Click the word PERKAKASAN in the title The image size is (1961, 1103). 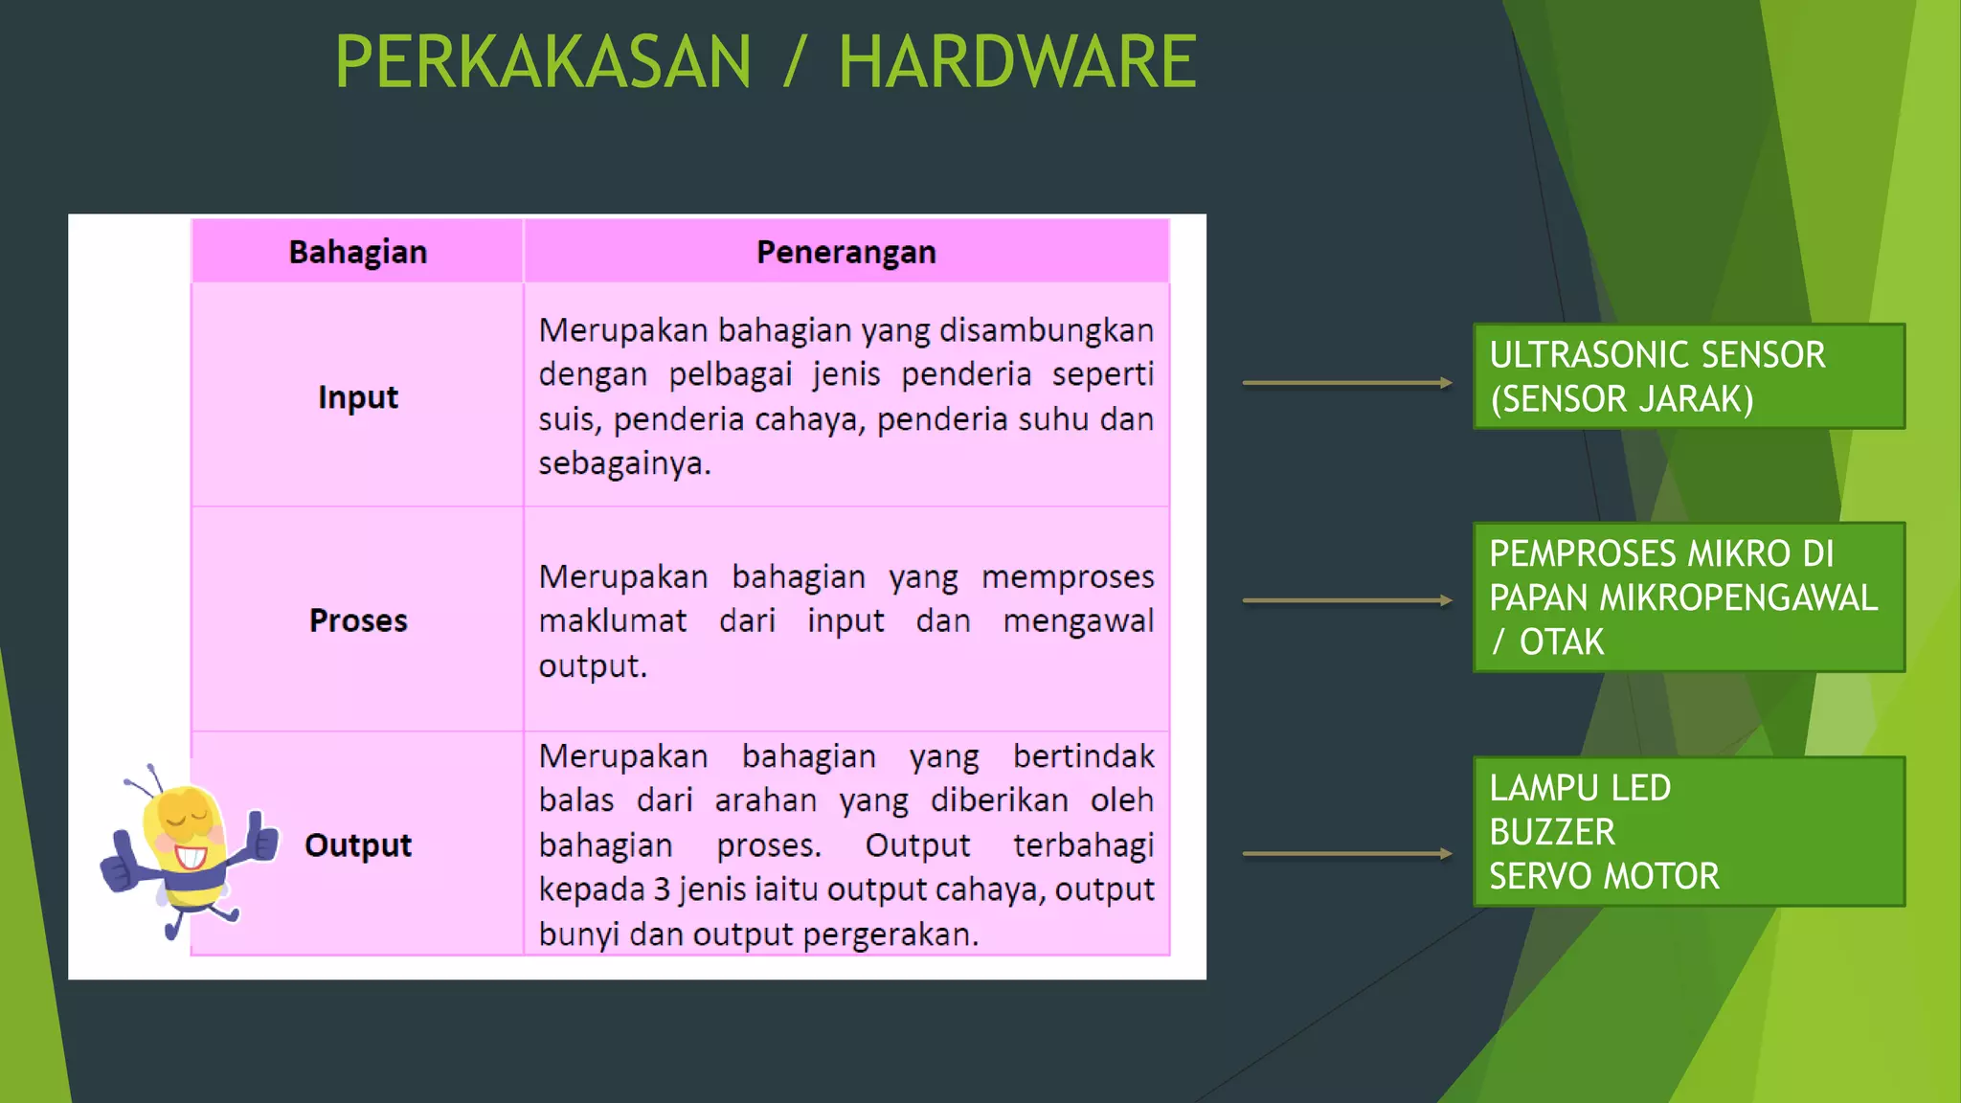[x=543, y=62]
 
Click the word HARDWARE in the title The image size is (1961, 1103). [x=1017, y=62]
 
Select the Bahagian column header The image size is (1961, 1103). [x=357, y=252]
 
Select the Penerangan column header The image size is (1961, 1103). [x=845, y=252]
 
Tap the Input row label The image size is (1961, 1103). [x=357, y=396]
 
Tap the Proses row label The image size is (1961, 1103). [x=357, y=620]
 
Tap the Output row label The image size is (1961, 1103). [x=357, y=845]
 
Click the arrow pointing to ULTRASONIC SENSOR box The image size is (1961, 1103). [x=1346, y=383]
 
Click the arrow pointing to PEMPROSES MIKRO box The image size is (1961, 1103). [x=1346, y=601]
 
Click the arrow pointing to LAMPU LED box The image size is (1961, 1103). [x=1346, y=853]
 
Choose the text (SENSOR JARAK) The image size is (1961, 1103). [x=1621, y=399]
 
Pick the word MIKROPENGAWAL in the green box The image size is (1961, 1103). [x=1738, y=597]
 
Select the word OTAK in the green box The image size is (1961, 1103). [x=1561, y=642]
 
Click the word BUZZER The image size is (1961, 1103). [x=1552, y=832]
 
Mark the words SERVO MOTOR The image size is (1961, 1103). [x=1604, y=876]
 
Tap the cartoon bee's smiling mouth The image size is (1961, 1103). [x=191, y=855]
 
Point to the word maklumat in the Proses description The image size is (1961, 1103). [x=612, y=621]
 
